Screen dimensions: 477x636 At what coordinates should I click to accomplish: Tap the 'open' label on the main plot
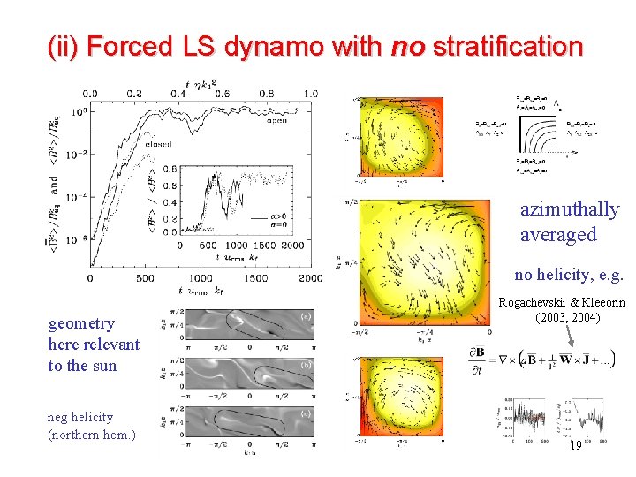point(276,121)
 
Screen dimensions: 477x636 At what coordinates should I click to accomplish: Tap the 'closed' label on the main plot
point(159,143)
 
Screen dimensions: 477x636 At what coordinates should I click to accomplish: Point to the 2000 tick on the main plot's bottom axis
point(309,278)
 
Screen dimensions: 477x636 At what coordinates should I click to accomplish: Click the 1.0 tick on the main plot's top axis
point(309,94)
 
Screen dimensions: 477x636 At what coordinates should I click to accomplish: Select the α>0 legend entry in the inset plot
point(275,216)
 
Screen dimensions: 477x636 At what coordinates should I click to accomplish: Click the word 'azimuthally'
point(570,209)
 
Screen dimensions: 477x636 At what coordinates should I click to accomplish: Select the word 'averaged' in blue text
point(558,235)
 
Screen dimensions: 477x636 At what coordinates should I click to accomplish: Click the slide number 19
point(575,446)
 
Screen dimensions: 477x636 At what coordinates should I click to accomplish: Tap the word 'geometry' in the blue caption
point(81,323)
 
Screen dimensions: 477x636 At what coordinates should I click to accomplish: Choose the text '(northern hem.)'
point(92,435)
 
